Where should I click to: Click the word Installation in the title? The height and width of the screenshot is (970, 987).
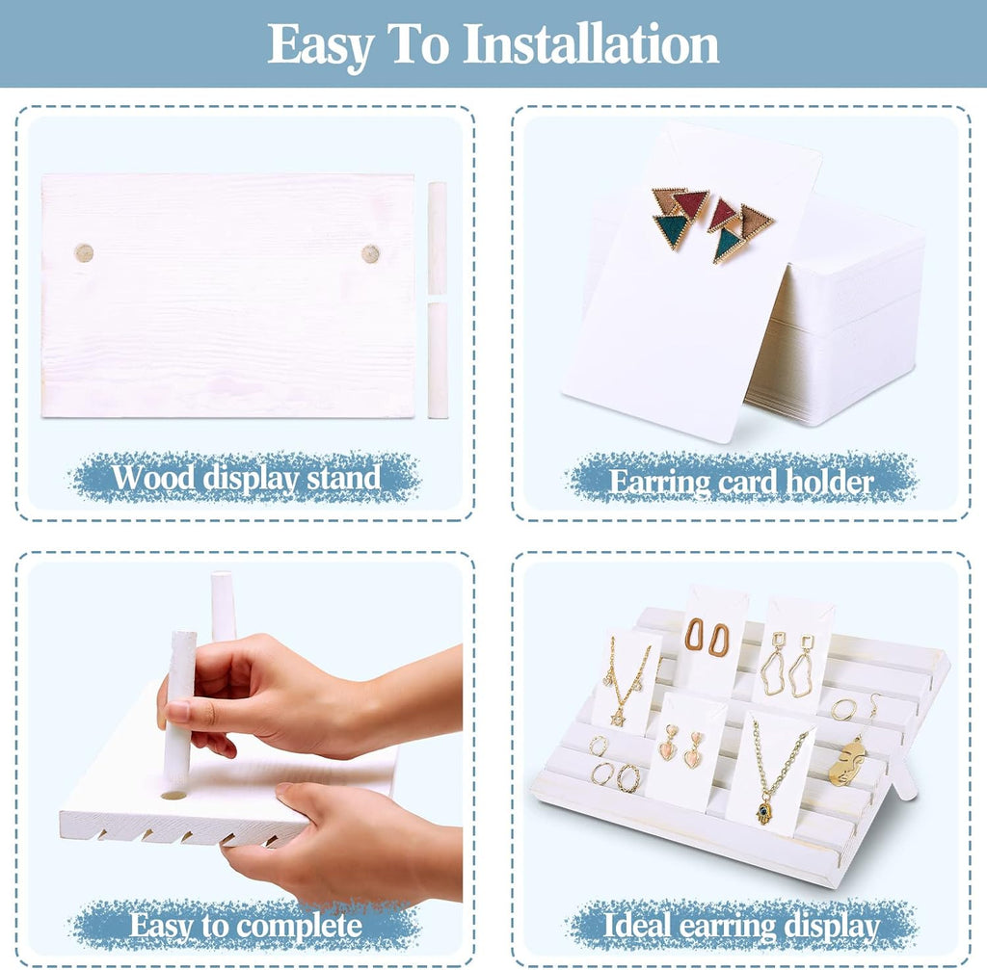pyautogui.click(x=591, y=44)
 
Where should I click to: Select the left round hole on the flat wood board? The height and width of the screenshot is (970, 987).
pyautogui.click(x=84, y=253)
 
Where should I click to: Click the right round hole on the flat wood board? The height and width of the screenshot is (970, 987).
pyautogui.click(x=370, y=253)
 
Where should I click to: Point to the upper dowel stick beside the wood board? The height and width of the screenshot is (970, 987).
pyautogui.click(x=437, y=238)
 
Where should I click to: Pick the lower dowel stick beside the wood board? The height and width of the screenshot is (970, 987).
pyautogui.click(x=438, y=360)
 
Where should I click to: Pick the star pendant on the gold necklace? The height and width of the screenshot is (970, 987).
pyautogui.click(x=618, y=717)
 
